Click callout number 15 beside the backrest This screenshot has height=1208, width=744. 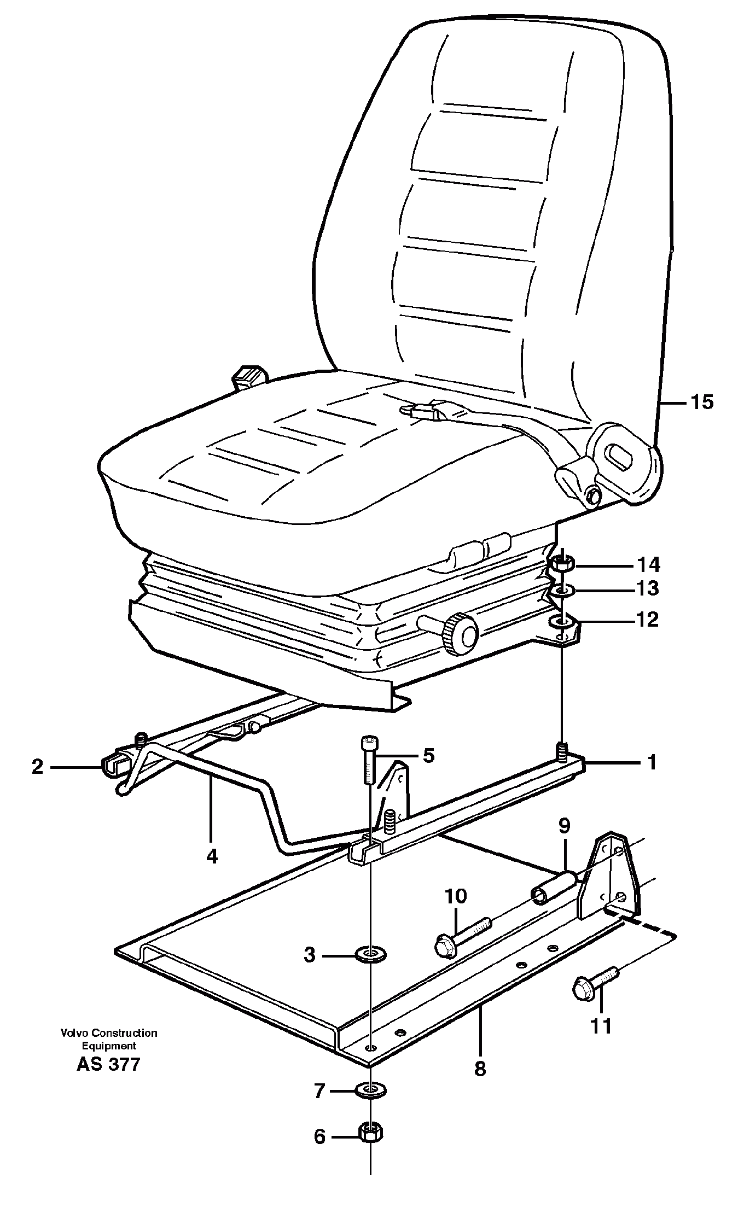[701, 402]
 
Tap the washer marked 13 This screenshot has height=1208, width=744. [561, 591]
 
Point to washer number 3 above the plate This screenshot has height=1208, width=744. [371, 955]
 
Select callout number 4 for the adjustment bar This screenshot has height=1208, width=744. [212, 856]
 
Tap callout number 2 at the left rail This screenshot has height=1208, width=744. [37, 767]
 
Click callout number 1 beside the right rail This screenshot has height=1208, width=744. [652, 762]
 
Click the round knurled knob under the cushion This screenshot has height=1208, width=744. [461, 634]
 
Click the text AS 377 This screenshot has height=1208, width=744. [108, 1064]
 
